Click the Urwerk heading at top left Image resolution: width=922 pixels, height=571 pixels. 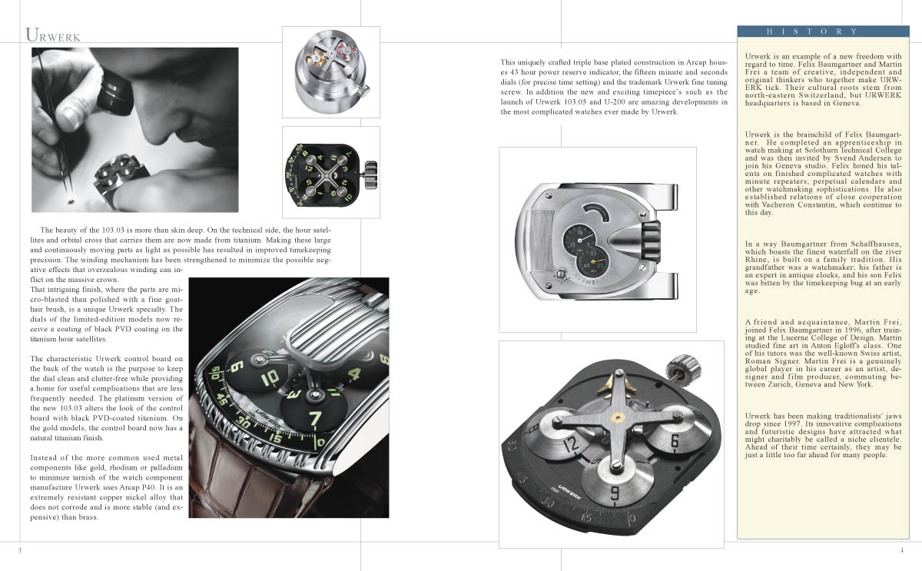coord(53,35)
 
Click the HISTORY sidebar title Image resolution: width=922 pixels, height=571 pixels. coord(812,32)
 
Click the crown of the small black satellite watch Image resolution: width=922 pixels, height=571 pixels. coord(370,175)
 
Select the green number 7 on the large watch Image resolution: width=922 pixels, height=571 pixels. coord(315,419)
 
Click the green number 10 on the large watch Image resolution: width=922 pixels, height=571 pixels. coord(270,378)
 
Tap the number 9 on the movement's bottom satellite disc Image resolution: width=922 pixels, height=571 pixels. coord(615,493)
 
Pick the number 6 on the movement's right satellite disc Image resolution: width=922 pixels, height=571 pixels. coord(675,441)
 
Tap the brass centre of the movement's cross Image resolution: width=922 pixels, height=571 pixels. coord(615,418)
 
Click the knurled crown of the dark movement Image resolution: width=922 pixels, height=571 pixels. coord(682,367)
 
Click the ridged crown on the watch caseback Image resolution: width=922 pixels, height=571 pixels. coord(652,243)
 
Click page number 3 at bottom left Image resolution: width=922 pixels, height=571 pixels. coord(19,550)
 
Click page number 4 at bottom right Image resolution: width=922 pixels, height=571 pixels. coord(902,550)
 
